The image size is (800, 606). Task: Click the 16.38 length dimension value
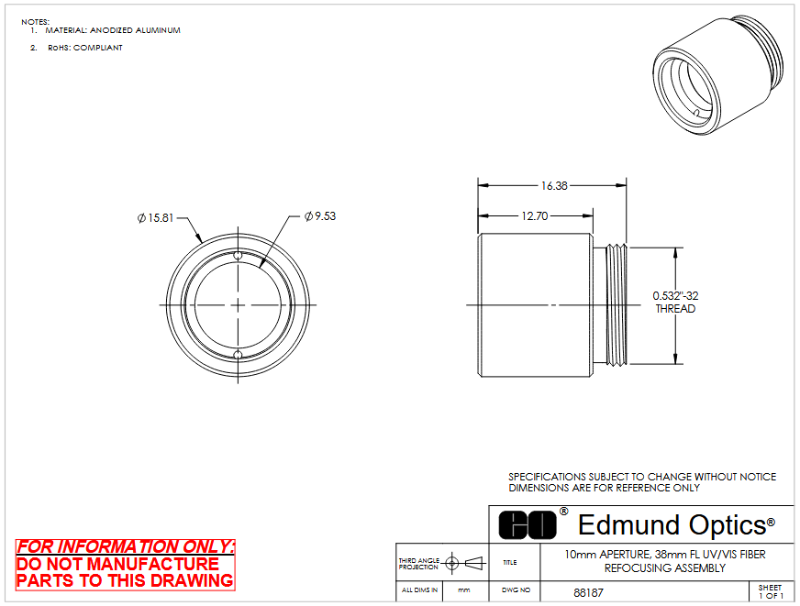[x=554, y=186]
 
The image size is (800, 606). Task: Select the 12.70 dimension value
[x=534, y=216]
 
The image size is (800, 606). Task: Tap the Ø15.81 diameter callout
[x=156, y=218]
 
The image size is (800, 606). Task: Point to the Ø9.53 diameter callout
[x=320, y=216]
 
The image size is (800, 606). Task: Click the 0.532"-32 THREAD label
[x=675, y=303]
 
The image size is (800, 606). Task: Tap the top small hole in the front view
[x=238, y=256]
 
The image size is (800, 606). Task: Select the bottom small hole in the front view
[x=238, y=355]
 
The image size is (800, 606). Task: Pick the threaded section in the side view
[x=617, y=304]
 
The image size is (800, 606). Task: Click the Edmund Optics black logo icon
[x=528, y=525]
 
